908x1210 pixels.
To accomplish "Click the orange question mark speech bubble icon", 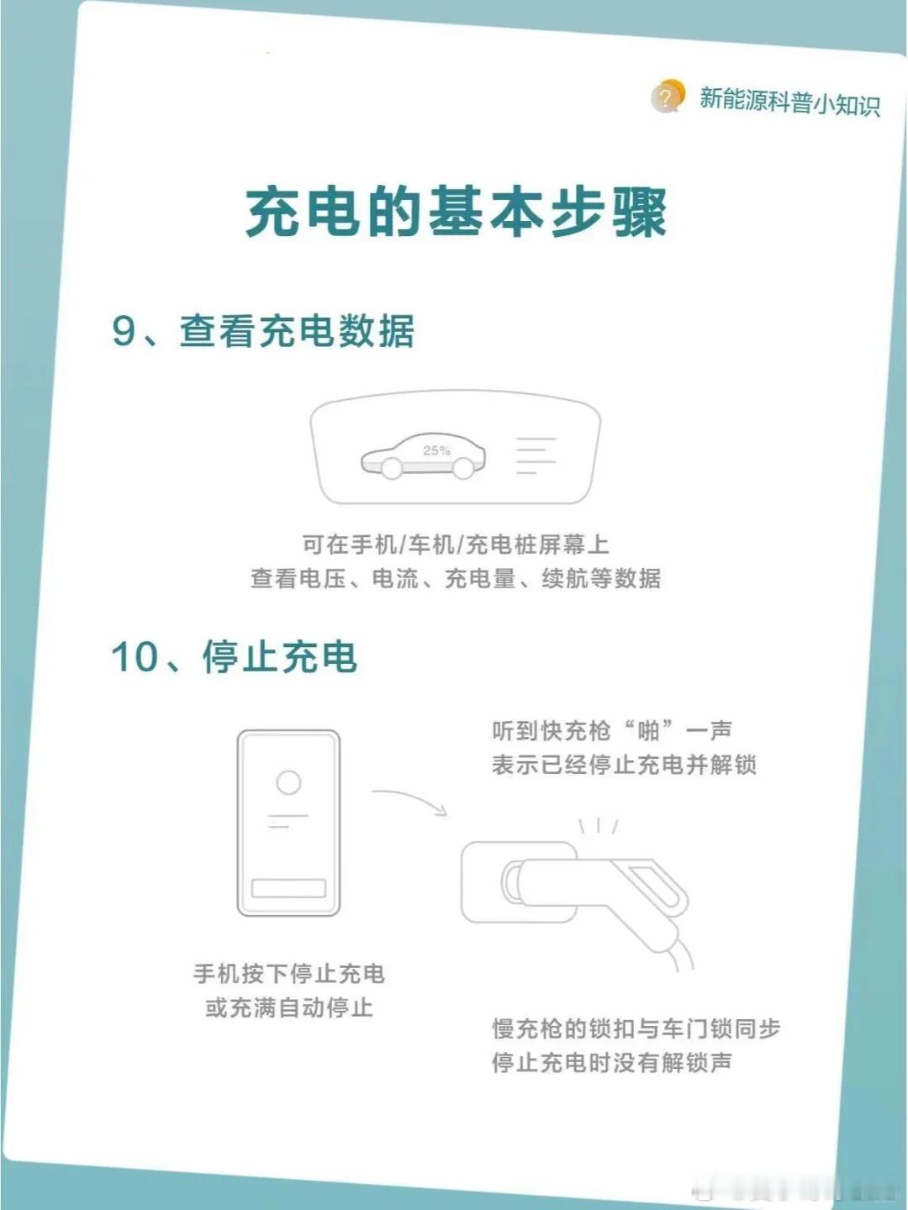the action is point(668,97).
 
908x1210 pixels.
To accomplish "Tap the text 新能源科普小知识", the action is point(790,102).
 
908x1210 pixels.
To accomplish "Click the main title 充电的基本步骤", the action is point(456,213).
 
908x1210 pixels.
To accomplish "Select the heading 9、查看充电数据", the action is point(263,331).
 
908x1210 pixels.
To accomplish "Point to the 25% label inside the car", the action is point(436,450).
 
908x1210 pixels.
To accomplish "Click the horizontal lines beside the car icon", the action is point(536,456).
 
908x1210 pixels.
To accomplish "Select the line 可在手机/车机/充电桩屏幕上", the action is point(456,544).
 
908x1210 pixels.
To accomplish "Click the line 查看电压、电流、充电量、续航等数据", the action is point(456,579).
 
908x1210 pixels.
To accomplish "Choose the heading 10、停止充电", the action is point(234,656).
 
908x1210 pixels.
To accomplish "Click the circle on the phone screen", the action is point(288,782).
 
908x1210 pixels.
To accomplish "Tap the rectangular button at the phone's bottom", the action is point(288,888).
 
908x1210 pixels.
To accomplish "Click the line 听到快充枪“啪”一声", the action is point(612,731).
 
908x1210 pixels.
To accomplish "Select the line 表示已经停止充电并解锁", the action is point(624,765).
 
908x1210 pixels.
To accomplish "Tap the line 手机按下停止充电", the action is point(289,974).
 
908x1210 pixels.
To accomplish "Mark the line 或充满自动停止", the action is point(289,1008).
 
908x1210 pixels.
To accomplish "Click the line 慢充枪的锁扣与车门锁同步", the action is point(636,1029).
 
